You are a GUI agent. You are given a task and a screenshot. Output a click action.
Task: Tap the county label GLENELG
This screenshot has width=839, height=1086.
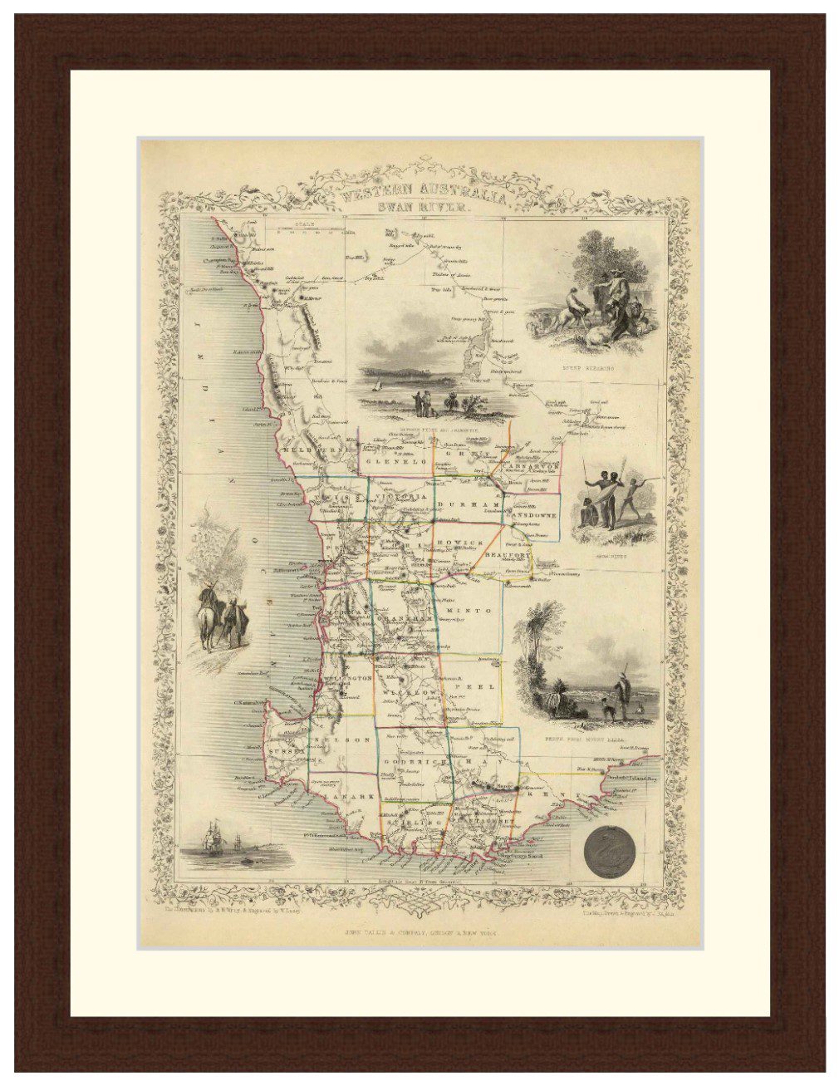pyautogui.click(x=395, y=460)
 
